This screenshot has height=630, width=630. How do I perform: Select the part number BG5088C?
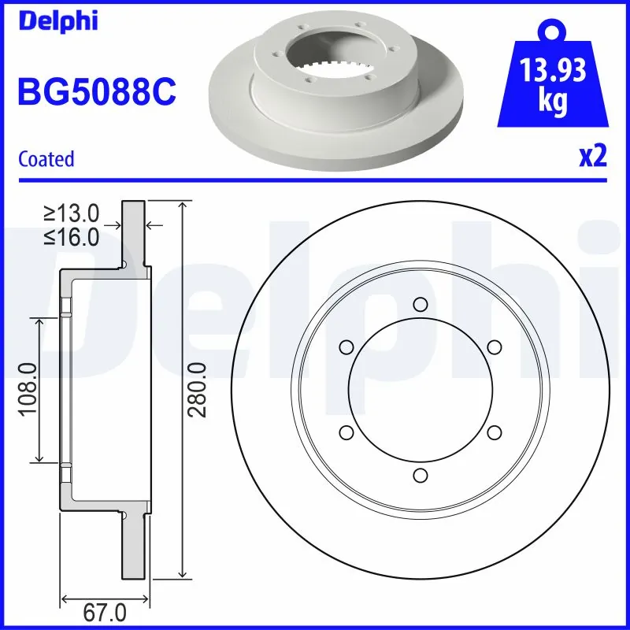(x=96, y=92)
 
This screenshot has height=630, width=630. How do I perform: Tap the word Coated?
(x=46, y=159)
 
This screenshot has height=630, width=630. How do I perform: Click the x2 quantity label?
(x=592, y=157)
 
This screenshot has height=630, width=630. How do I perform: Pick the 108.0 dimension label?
(x=27, y=390)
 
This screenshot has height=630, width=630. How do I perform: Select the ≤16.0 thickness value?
(x=71, y=237)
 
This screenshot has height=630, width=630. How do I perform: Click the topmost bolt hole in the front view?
(x=420, y=305)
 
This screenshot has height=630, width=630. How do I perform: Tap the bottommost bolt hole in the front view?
(x=420, y=475)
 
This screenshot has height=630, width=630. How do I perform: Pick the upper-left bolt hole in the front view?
(x=346, y=347)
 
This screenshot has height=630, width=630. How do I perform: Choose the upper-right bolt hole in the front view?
(x=494, y=347)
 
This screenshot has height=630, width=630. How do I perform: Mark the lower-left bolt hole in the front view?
(x=346, y=432)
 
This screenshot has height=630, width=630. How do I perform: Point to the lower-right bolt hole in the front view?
(x=494, y=432)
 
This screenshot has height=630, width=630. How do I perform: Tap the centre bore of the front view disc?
(x=420, y=390)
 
